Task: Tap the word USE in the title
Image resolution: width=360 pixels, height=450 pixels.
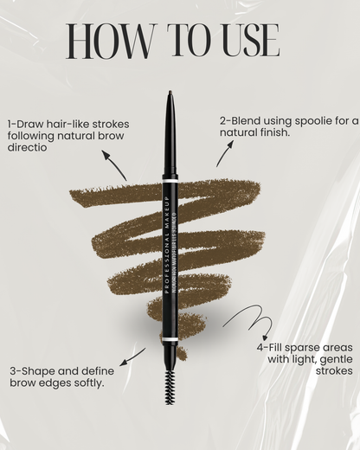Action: point(244,41)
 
